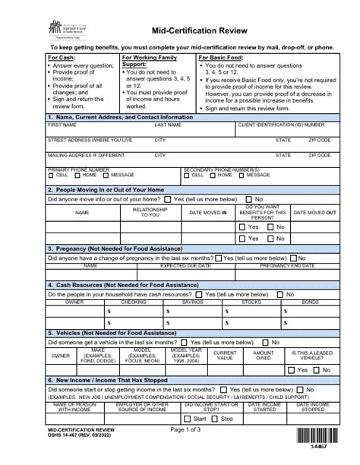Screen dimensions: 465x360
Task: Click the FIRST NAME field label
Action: (62, 125)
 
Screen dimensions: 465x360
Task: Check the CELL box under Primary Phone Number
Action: (50, 175)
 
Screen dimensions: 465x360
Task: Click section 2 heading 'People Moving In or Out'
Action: (106, 189)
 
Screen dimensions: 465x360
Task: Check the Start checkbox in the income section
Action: (189, 418)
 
